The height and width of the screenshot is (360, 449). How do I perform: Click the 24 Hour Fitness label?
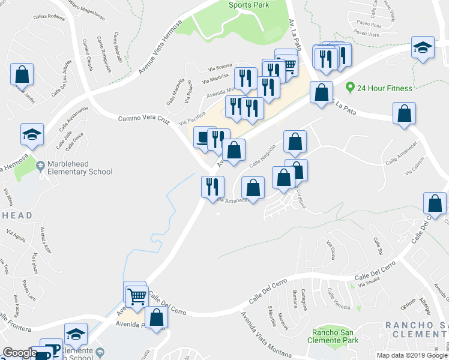(384, 88)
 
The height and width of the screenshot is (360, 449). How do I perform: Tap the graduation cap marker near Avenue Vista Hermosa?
(32, 134)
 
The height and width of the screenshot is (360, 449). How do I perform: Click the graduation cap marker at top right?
(423, 47)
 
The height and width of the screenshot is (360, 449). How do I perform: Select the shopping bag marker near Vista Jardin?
(22, 74)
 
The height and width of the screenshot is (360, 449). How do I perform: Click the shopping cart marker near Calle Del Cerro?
(137, 295)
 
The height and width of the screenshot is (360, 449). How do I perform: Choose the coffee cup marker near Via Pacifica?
(204, 137)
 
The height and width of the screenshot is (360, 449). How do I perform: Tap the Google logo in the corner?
(19, 352)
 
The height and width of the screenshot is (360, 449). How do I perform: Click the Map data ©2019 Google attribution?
(412, 355)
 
